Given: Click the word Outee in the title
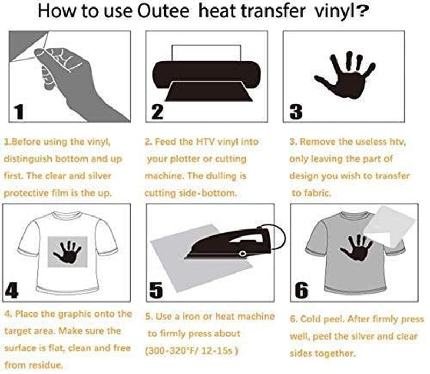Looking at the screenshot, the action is (x=163, y=11).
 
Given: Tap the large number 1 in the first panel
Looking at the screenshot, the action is (x=19, y=111).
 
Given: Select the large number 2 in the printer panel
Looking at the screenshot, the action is (x=157, y=111).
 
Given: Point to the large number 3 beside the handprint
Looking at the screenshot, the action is (x=296, y=111).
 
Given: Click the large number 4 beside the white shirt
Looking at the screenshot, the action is (x=12, y=290).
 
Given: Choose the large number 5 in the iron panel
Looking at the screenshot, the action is (x=156, y=290).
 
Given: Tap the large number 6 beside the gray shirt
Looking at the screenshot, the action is (x=302, y=290).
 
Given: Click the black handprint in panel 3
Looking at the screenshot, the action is (x=346, y=75).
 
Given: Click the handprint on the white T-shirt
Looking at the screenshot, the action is (x=68, y=252).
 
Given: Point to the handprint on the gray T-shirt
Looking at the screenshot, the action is (x=356, y=248).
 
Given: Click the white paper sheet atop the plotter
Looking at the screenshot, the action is (x=206, y=53).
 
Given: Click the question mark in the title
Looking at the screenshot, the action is (x=362, y=11).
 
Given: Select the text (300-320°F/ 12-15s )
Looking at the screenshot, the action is (x=191, y=350).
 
